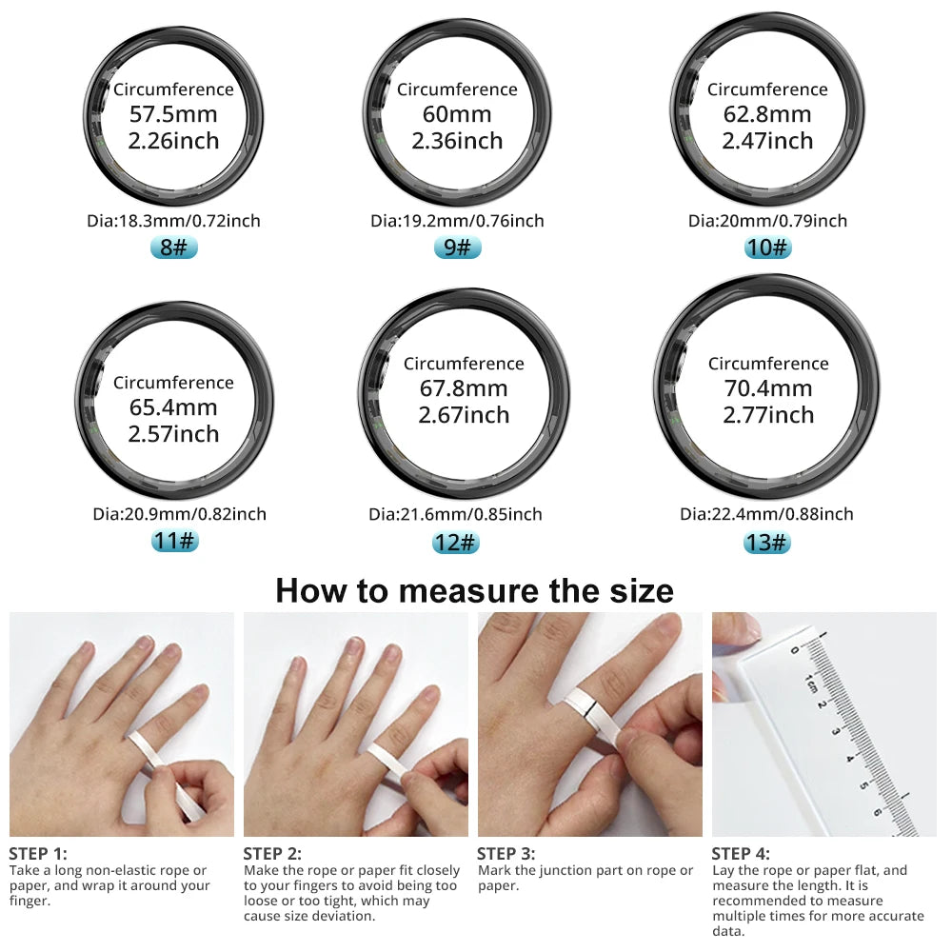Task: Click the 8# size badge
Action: point(173,248)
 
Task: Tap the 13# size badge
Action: point(767,543)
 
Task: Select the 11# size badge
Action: point(174,542)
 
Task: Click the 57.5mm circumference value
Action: point(173,115)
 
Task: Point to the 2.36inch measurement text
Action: point(457,141)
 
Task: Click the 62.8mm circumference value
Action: point(767,115)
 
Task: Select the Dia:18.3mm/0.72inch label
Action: point(173,221)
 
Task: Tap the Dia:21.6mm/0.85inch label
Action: point(455,514)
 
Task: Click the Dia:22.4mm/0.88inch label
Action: point(766,514)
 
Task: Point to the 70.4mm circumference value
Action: point(767,388)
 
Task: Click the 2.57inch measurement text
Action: point(173,434)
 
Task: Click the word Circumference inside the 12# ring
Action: point(464,364)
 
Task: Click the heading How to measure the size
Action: point(474,590)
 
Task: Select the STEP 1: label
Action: point(38,854)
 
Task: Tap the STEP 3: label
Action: point(506,854)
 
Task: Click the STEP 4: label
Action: point(741,854)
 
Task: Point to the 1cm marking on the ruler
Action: point(810,682)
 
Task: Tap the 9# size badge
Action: point(457,248)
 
